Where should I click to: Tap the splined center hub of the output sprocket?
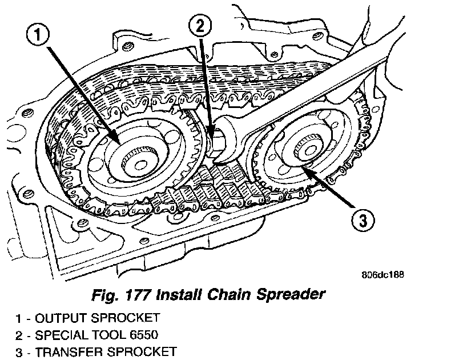coord(139,157)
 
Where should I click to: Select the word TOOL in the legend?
coord(104,335)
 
